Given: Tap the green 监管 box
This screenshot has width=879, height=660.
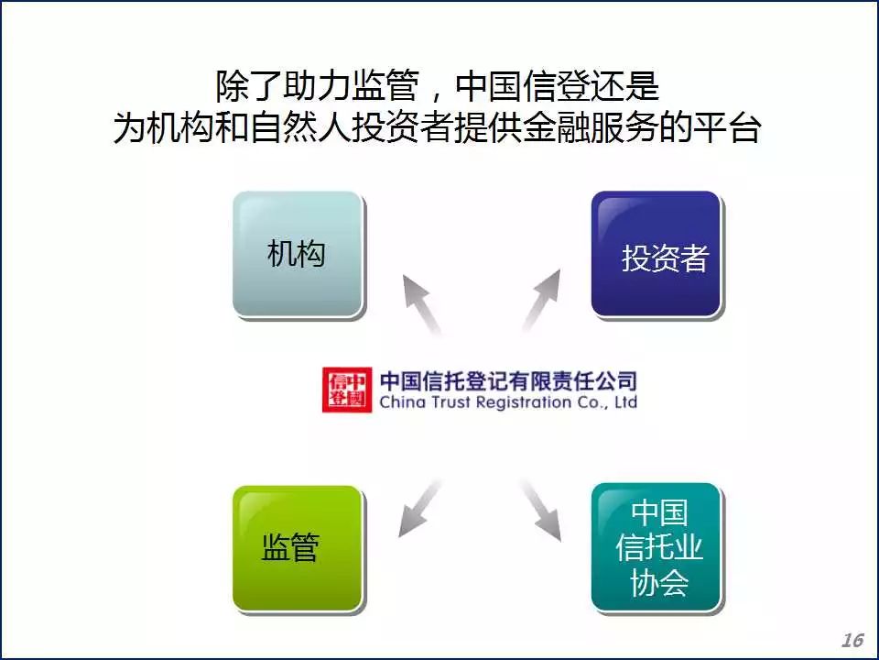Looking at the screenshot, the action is click(x=298, y=548).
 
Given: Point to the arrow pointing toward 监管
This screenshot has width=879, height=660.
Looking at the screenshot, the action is click(x=420, y=508).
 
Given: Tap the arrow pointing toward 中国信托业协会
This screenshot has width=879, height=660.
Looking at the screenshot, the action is click(x=541, y=511).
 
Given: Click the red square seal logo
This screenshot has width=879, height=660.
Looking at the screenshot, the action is click(x=347, y=390).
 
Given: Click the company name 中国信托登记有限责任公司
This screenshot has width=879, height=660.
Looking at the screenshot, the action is click(x=508, y=381).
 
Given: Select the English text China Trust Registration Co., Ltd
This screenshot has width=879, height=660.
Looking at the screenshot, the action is click(x=508, y=402).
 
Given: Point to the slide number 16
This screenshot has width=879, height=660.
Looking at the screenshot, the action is click(x=852, y=640).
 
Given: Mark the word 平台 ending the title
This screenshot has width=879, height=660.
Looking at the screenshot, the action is click(x=728, y=128).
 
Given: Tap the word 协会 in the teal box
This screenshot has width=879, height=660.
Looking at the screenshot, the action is click(x=659, y=583).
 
